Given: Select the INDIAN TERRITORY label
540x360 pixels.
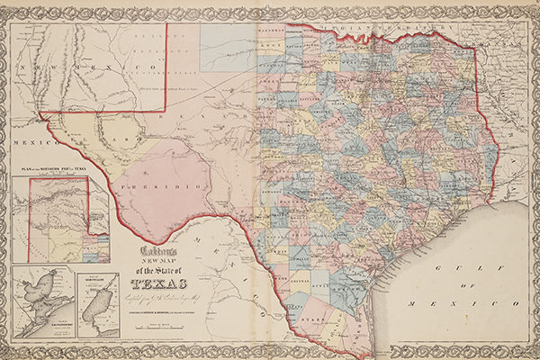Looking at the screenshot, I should [x=378, y=28].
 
